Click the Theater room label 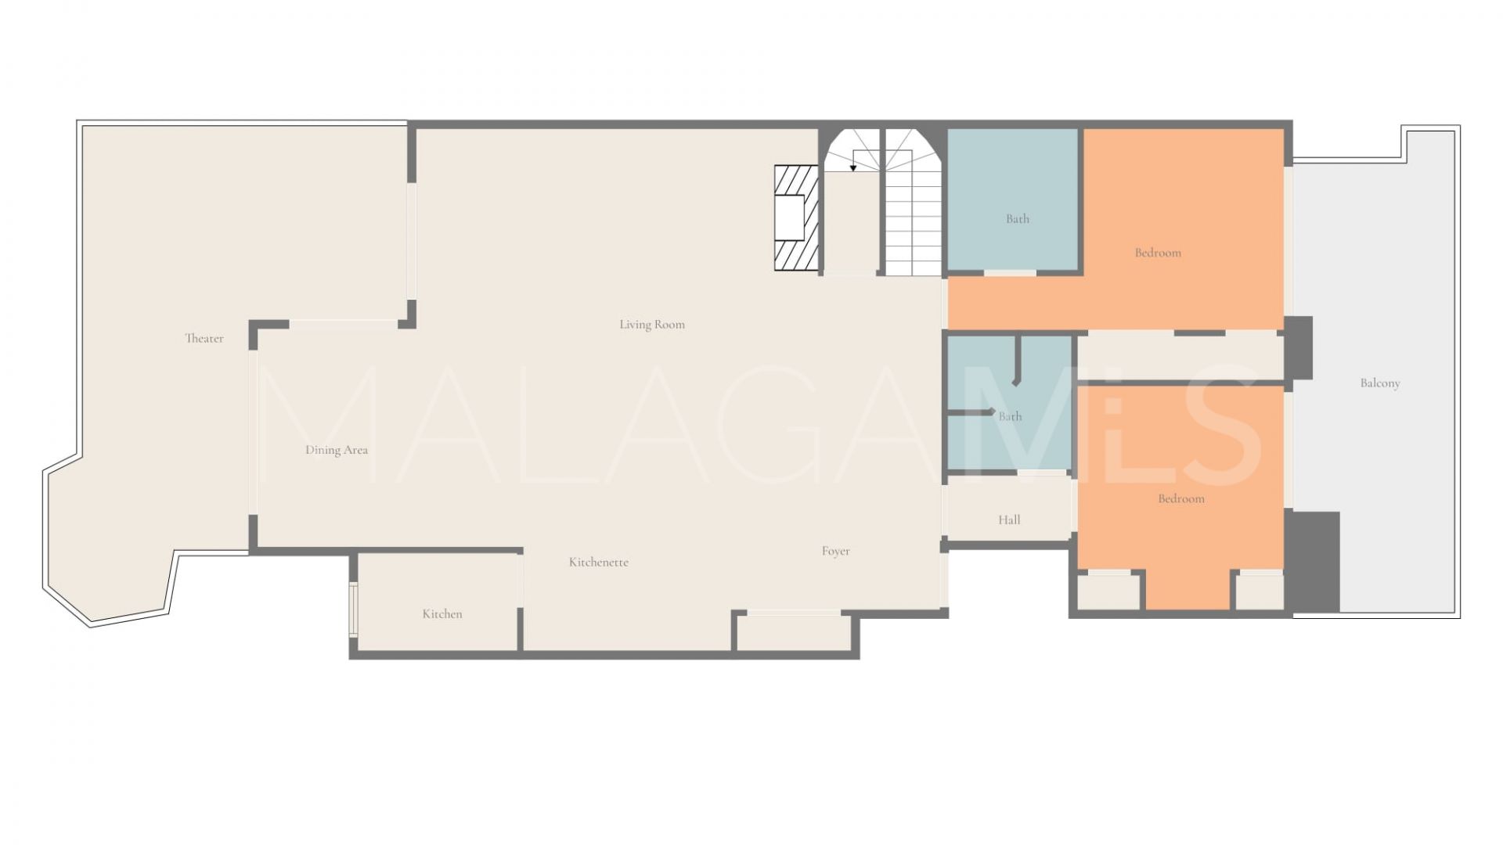tap(204, 339)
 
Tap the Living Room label tap(652, 325)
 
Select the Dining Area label tap(337, 450)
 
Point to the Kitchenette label tap(599, 562)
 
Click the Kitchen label tap(442, 614)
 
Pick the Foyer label tap(836, 552)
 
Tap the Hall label tap(1009, 520)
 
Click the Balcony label tap(1380, 383)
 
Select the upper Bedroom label tap(1158, 253)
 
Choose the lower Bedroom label tap(1181, 498)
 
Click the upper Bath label tap(1018, 219)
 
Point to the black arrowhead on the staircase tap(853, 167)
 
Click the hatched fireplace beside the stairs tap(796, 218)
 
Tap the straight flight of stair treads tap(914, 224)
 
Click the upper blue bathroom tap(1013, 200)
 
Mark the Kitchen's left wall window tap(353, 609)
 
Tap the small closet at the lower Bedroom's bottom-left tap(1108, 591)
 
